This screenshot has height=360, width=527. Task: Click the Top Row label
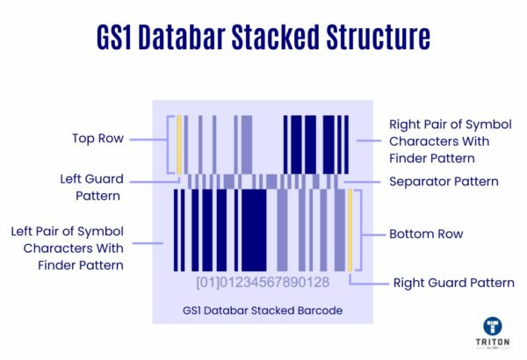pyautogui.click(x=97, y=139)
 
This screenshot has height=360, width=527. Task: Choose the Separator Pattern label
pyautogui.click(x=444, y=182)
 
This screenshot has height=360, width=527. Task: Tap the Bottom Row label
pyautogui.click(x=425, y=234)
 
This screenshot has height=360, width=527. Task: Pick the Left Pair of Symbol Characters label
pyautogui.click(x=68, y=248)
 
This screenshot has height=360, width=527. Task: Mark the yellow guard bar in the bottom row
pyautogui.click(x=350, y=230)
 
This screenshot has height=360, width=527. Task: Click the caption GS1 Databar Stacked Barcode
pyautogui.click(x=263, y=310)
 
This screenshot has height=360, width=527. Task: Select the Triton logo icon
pyautogui.click(x=494, y=326)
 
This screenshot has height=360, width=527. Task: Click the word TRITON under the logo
pyautogui.click(x=494, y=343)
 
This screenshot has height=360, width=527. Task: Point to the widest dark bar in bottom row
pyautogui.click(x=254, y=230)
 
